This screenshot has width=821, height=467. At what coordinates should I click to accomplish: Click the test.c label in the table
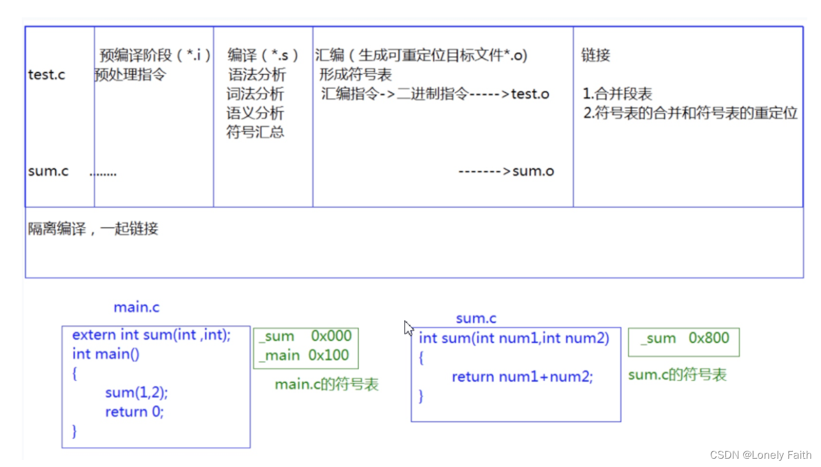pos(47,75)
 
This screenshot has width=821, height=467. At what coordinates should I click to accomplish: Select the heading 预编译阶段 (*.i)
pos(155,55)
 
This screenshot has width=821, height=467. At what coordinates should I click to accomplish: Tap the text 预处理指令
pos(130,75)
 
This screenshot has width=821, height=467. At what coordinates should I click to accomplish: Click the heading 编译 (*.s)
pos(263,55)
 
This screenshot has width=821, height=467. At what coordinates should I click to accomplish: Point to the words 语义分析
pos(255,113)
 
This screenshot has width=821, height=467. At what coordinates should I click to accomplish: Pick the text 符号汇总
pos(255,133)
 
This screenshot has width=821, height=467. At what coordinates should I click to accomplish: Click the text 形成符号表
pos(356,75)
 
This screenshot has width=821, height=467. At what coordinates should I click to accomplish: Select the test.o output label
pos(530,94)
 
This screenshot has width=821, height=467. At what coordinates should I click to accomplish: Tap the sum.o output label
pos(533,171)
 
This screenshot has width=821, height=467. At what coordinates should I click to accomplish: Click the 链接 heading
pos(595,55)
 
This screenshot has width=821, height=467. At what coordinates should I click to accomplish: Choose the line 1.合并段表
pos(618,94)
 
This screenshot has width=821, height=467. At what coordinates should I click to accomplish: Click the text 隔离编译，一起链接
pos(93,229)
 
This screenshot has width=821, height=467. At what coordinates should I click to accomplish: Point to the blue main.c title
pos(136,307)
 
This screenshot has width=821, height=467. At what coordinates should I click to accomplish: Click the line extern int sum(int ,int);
pos(151,334)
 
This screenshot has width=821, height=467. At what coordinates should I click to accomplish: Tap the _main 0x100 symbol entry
pos(304,356)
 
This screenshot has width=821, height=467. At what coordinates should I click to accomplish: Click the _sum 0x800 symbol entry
pos(685,338)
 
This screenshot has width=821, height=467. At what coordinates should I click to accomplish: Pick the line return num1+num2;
pos(522,377)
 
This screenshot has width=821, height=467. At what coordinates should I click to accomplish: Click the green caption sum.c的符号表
pos(677,375)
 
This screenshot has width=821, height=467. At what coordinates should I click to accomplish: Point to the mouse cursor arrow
pos(408,327)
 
